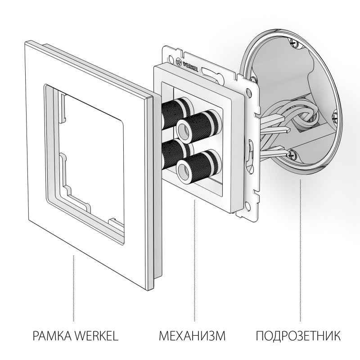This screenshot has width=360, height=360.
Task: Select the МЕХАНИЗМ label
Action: pos(192,336)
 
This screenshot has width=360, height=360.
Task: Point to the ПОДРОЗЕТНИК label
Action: pos(298,336)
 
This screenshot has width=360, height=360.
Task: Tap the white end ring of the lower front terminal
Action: pos(184,169)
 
